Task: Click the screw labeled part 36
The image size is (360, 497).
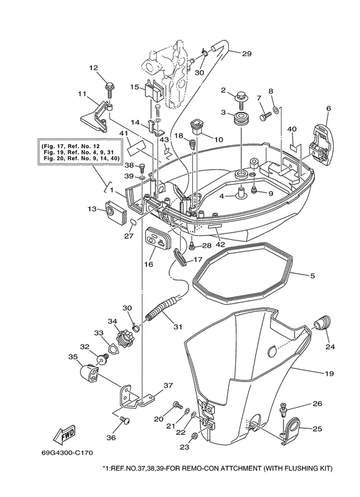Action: (x=125, y=420)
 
